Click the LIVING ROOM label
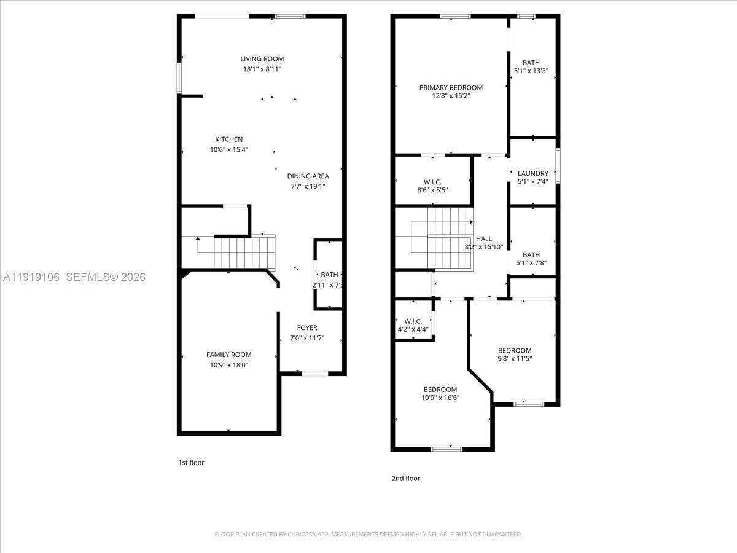(x=262, y=59)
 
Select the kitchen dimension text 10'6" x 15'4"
(x=228, y=149)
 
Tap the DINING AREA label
(x=308, y=176)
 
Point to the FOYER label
(x=307, y=327)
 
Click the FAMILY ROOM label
(x=228, y=355)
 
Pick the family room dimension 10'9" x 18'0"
(x=228, y=365)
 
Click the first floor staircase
(x=244, y=253)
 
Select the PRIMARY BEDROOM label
(x=451, y=88)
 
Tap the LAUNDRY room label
(x=532, y=174)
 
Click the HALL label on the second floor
(x=483, y=238)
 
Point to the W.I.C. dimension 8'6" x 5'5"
(x=432, y=190)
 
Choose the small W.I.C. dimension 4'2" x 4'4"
(x=413, y=329)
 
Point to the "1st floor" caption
(x=191, y=463)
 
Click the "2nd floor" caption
(x=406, y=479)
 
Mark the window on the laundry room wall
(x=558, y=166)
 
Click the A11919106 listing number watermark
(x=31, y=277)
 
